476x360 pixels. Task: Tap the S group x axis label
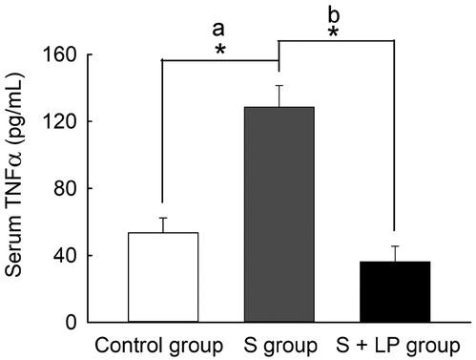click(279, 345)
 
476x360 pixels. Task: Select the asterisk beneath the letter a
click(220, 50)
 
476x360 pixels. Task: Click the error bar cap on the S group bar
click(279, 85)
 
